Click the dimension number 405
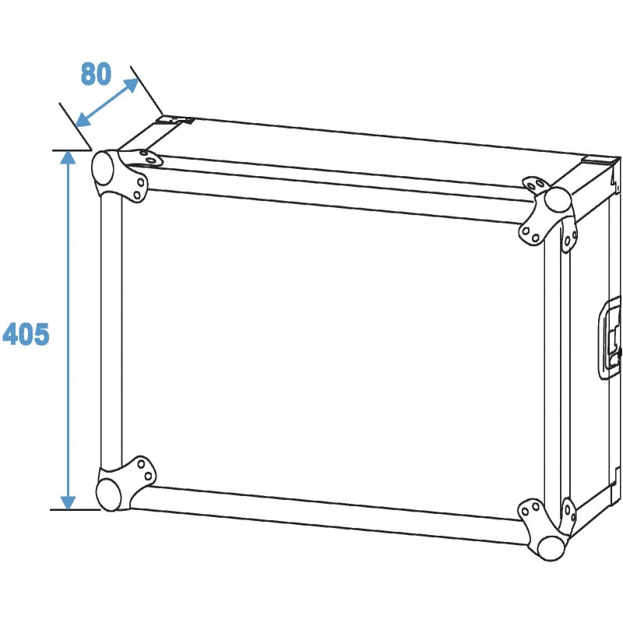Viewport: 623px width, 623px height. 26,334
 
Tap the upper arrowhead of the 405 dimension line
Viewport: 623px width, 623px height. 68,158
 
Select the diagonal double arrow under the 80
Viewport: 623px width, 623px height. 107,102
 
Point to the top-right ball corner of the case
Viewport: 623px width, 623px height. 558,200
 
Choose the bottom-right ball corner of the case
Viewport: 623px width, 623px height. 551,544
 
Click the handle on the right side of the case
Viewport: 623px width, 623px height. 611,338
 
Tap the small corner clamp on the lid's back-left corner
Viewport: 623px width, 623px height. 174,121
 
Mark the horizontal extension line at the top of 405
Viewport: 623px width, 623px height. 70,149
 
